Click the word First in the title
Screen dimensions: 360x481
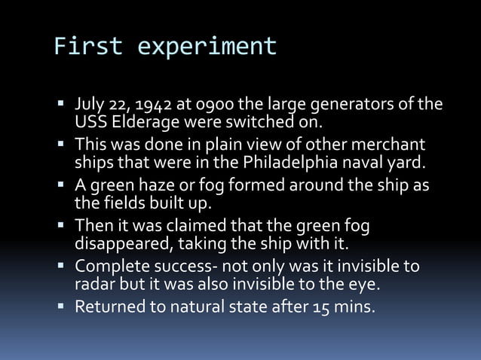tap(87, 47)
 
